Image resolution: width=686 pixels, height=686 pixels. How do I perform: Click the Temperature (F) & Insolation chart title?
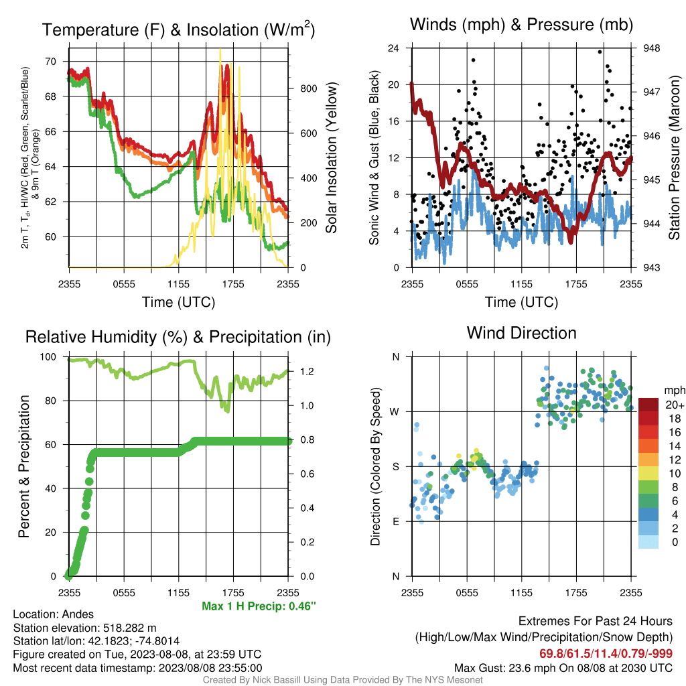[178, 29]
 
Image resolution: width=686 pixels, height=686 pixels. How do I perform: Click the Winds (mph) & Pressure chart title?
[521, 25]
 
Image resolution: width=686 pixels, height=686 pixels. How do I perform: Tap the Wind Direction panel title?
[521, 333]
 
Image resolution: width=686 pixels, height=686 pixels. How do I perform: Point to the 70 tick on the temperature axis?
[51, 62]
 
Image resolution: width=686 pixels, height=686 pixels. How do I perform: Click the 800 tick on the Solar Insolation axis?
[308, 88]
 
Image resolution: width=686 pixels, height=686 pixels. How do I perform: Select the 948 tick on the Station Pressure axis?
[651, 48]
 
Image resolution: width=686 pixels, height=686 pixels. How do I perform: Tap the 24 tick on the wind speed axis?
[393, 48]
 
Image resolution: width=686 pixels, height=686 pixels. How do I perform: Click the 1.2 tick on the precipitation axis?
[307, 371]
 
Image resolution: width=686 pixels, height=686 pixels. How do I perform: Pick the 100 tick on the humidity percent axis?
[48, 357]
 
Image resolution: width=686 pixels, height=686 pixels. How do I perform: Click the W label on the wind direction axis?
[395, 412]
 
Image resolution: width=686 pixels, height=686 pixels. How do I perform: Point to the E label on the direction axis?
[395, 521]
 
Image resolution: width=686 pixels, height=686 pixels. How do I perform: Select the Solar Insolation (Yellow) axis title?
[331, 157]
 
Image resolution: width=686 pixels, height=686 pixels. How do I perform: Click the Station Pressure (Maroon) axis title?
[674, 157]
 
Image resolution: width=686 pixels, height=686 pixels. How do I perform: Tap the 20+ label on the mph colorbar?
[675, 405]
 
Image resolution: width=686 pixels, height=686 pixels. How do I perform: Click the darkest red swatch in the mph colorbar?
[648, 405]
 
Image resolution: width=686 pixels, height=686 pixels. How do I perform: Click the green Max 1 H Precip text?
[259, 606]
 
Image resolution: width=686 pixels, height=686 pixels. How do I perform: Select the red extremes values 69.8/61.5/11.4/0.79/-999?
[606, 654]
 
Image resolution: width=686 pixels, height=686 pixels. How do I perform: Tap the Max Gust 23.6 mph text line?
[563, 668]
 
